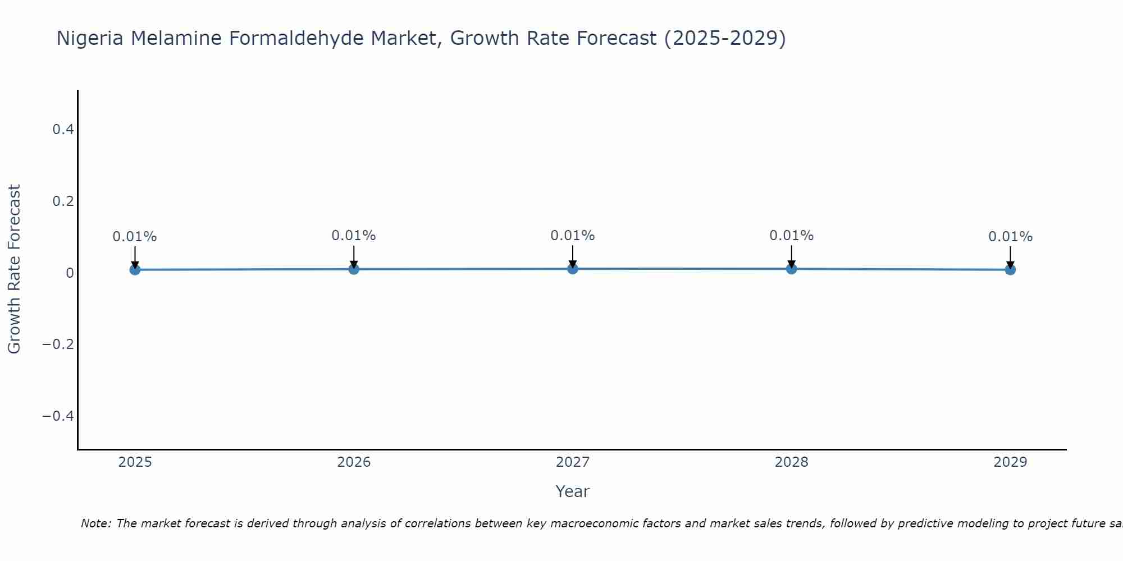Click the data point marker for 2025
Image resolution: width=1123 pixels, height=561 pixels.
tap(135, 270)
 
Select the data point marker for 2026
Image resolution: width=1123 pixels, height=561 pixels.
tap(354, 269)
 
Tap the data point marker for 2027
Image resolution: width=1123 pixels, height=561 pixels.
tap(573, 269)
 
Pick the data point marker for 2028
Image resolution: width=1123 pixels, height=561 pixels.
tap(791, 269)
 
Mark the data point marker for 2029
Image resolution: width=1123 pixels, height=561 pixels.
tap(1010, 270)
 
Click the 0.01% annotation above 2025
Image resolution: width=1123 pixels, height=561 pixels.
tap(135, 237)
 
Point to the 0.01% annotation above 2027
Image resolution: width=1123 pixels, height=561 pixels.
tap(573, 236)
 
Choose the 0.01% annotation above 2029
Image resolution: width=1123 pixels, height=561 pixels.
tap(1010, 237)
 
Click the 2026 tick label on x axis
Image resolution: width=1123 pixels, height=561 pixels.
tap(354, 462)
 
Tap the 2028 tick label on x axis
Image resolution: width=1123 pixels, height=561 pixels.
tap(791, 462)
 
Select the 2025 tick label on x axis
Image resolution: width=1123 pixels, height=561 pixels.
tap(135, 462)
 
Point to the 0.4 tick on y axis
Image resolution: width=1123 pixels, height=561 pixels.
tap(63, 130)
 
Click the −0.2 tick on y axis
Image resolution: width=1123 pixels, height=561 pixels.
tap(58, 344)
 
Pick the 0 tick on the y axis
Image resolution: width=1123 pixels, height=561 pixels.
tap(70, 273)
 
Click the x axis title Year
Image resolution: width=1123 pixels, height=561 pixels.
tap(572, 491)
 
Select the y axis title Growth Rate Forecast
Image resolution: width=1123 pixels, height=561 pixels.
tap(14, 269)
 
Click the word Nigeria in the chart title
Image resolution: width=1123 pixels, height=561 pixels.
tap(90, 38)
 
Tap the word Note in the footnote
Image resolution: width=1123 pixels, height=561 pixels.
tap(95, 523)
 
